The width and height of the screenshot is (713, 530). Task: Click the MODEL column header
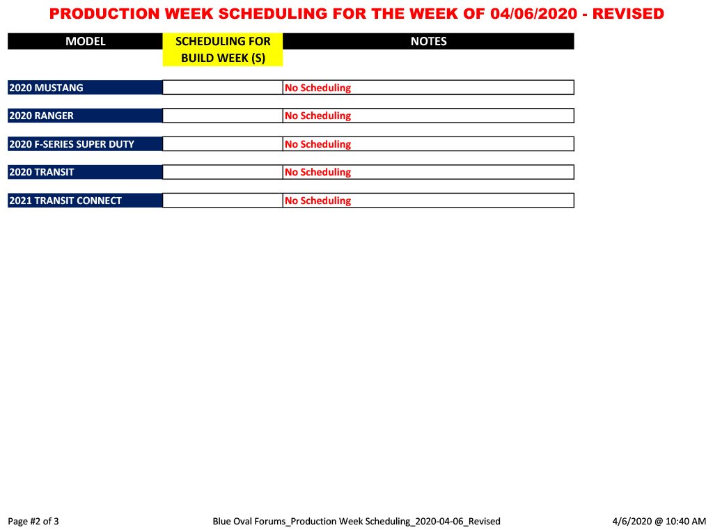point(85,41)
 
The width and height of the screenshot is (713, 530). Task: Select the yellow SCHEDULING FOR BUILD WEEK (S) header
point(223,49)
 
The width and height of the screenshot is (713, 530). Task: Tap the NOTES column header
point(428,41)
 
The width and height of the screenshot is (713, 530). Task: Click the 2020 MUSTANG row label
point(46,88)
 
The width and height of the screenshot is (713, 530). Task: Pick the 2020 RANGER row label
point(41,116)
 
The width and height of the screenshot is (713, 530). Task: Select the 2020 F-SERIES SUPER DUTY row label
point(72,144)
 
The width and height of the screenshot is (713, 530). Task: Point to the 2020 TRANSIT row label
point(41,172)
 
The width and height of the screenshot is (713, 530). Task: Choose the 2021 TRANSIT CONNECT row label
point(65,201)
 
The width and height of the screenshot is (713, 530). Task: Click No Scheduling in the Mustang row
point(318,88)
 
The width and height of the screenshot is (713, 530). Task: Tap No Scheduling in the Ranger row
point(318,116)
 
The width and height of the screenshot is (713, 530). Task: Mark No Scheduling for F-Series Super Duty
point(318,144)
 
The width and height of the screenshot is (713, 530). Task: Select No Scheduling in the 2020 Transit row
point(318,173)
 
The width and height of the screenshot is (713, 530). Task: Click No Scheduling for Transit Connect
point(318,201)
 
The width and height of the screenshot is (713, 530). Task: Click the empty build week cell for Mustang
point(223,87)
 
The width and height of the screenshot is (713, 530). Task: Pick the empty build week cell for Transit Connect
point(223,200)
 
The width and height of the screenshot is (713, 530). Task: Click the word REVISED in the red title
point(628,14)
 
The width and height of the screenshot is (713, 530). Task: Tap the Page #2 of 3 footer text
point(33,522)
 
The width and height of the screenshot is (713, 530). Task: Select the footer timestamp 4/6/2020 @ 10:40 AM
point(659,522)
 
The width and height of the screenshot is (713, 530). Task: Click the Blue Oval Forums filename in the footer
point(356,522)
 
